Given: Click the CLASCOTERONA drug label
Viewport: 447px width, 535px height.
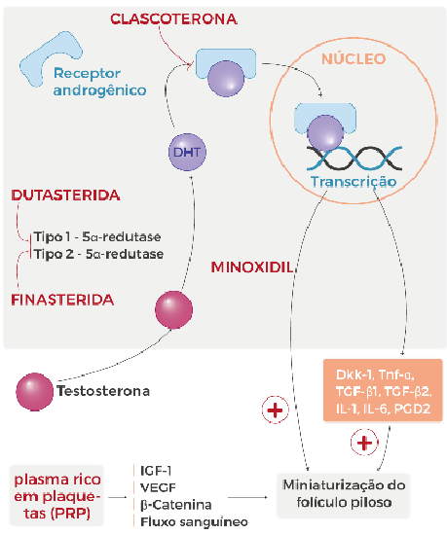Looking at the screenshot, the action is [x=173, y=18].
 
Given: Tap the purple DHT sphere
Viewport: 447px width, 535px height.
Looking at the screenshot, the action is [x=187, y=152].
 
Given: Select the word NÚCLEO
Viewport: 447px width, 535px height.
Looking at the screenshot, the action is [x=354, y=58].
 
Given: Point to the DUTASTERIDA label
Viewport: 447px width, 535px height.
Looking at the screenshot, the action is [x=65, y=196].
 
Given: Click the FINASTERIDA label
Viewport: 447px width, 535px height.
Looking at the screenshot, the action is [x=62, y=300].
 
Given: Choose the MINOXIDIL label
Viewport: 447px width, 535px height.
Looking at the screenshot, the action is [x=252, y=267].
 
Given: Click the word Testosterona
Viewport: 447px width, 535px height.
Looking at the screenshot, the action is [x=103, y=391].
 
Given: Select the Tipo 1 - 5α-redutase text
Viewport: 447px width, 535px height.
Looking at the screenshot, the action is [x=97, y=236].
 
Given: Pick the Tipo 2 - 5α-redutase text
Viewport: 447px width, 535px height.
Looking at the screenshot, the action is [x=98, y=254].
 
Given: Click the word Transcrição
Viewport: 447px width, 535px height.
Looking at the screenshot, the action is [x=354, y=181].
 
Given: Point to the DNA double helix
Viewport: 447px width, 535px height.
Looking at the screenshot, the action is [x=354, y=159].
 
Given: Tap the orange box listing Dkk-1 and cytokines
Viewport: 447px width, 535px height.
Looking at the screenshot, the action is [x=383, y=390].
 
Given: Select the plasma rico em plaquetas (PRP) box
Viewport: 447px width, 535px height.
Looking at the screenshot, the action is [x=56, y=495].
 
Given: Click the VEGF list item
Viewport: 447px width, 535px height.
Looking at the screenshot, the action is [x=158, y=487].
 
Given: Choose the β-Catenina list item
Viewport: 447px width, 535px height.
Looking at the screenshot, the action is [x=176, y=505].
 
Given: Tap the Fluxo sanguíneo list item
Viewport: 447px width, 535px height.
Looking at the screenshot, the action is [x=195, y=521].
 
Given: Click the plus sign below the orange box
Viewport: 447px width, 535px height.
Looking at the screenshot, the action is [x=364, y=443].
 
